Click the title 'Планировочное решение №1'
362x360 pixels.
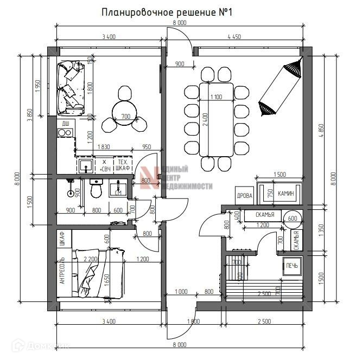[x=167, y=12]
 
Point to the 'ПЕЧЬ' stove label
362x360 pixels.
[x=292, y=266]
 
